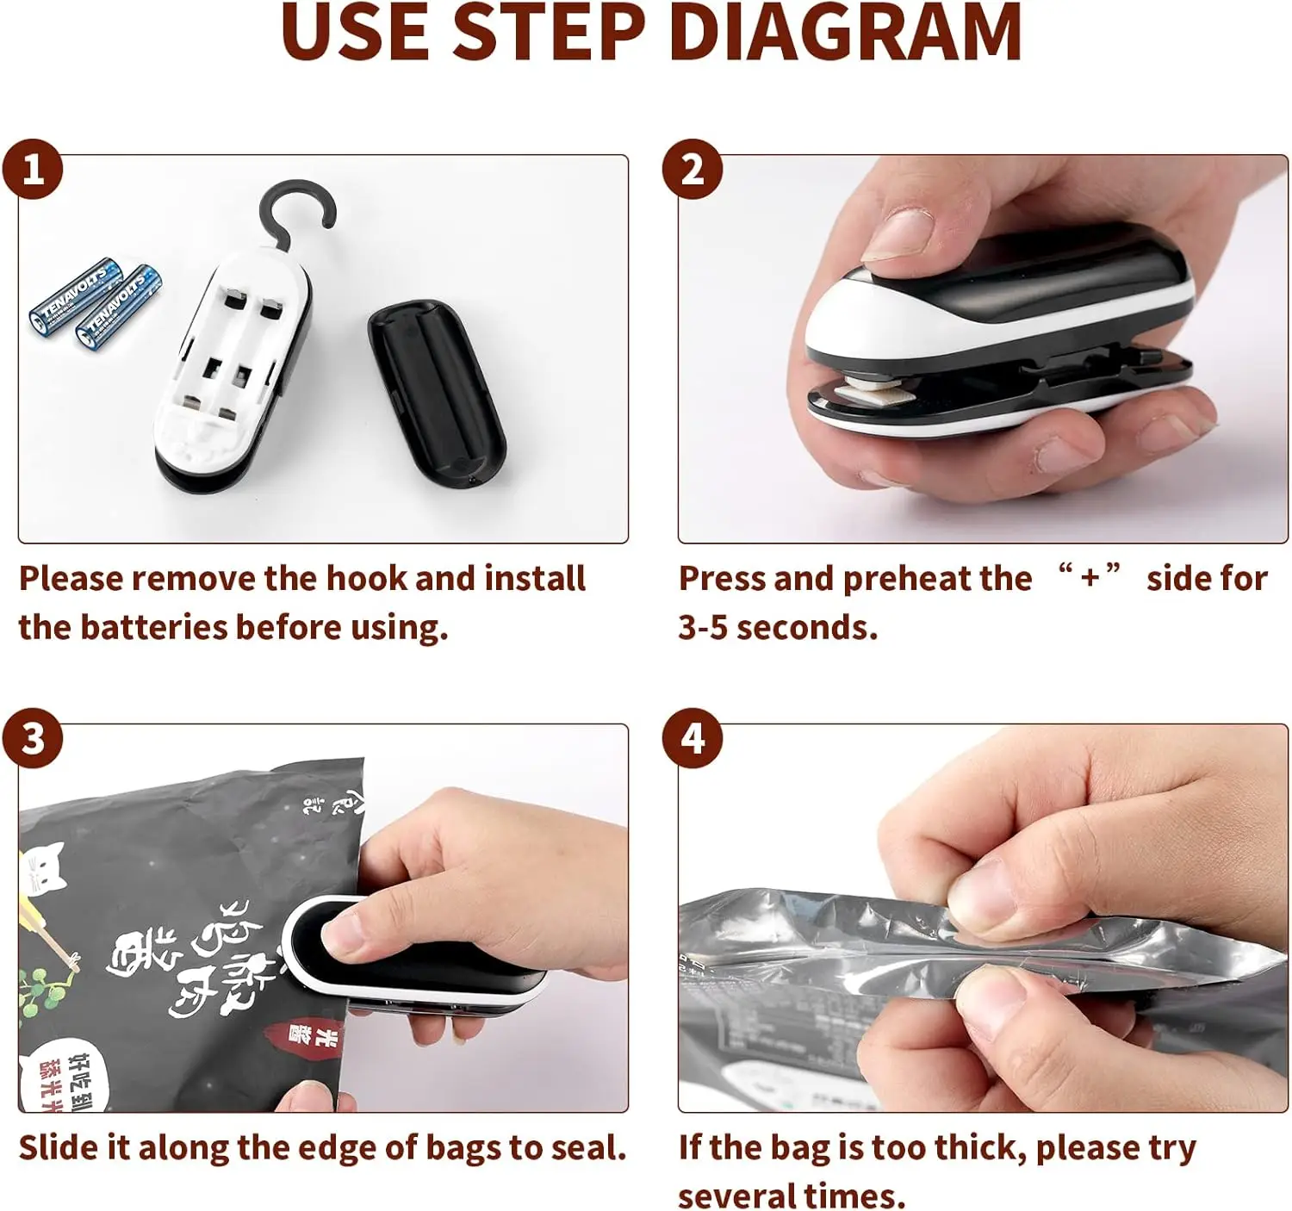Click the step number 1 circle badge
click(33, 169)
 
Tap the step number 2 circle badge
click(693, 169)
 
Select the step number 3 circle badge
click(33, 738)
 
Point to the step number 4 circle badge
click(693, 738)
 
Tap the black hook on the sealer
click(298, 212)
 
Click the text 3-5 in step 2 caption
click(703, 628)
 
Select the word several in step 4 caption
click(736, 1195)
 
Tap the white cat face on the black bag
click(45, 866)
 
